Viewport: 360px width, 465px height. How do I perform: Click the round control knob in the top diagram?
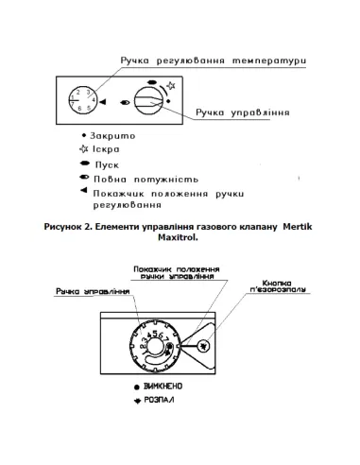[147, 101]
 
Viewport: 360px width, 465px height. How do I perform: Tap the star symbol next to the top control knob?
[171, 87]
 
